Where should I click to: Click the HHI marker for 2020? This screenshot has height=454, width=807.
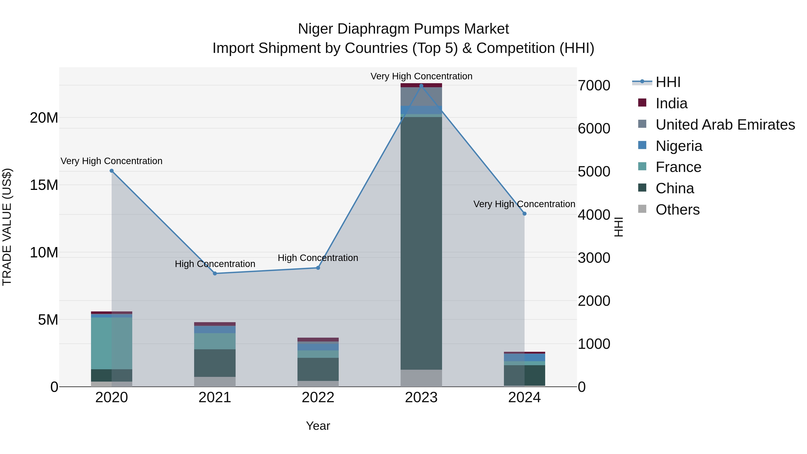pyautogui.click(x=112, y=171)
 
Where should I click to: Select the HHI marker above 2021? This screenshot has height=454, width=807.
pyautogui.click(x=215, y=274)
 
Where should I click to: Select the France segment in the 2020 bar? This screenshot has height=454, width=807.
pyautogui.click(x=112, y=343)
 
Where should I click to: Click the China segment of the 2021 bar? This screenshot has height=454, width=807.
pyautogui.click(x=215, y=363)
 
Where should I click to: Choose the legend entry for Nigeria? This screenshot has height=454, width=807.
pyautogui.click(x=679, y=146)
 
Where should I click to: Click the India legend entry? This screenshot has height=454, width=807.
pyautogui.click(x=671, y=103)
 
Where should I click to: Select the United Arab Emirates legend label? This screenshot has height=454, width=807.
pyautogui.click(x=725, y=125)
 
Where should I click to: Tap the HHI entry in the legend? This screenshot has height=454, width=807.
pyautogui.click(x=668, y=82)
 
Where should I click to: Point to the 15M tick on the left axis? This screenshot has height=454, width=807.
pyautogui.click(x=44, y=185)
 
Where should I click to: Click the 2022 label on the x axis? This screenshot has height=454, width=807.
pyautogui.click(x=318, y=398)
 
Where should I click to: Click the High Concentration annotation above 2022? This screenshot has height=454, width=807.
pyautogui.click(x=318, y=258)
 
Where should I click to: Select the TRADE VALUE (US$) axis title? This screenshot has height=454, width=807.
pyautogui.click(x=7, y=227)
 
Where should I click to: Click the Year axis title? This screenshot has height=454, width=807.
pyautogui.click(x=318, y=426)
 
